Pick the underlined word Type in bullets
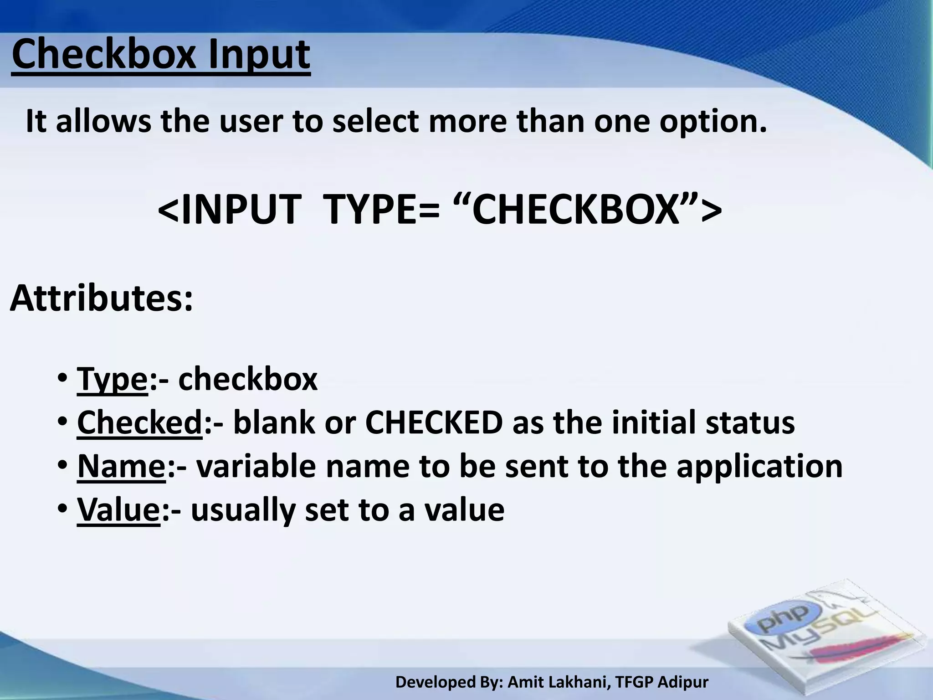(113, 380)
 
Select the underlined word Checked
(139, 422)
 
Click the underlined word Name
(121, 466)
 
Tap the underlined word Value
(118, 509)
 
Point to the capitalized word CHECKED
(434, 422)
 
